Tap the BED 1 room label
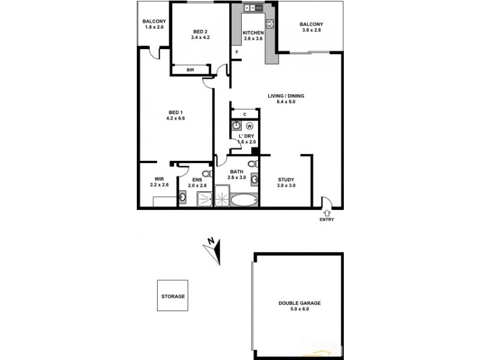(x=175, y=112)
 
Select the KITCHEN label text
(x=253, y=33)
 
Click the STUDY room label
(x=285, y=179)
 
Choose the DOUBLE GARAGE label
(x=299, y=304)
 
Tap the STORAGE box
(x=173, y=296)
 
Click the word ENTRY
(x=328, y=219)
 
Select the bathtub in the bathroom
(x=243, y=200)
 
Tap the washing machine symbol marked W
(x=249, y=126)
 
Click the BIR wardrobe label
(x=190, y=70)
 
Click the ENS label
(x=197, y=179)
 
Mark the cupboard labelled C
(x=245, y=114)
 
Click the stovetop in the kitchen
(x=270, y=25)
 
